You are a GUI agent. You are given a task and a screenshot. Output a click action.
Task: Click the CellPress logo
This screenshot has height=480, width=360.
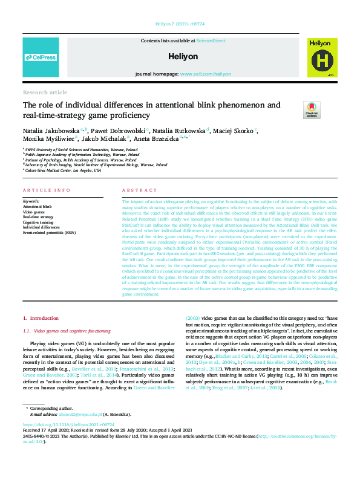[x=40, y=57]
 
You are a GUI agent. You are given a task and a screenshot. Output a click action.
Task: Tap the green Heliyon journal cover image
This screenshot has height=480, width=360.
[x=319, y=57]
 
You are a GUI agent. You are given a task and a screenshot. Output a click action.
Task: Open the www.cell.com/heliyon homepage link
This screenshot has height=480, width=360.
[x=205, y=74]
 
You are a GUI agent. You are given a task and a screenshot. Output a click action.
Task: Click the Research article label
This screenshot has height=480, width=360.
[x=45, y=92]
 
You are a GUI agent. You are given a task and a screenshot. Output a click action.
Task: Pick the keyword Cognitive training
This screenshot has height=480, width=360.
[x=38, y=222]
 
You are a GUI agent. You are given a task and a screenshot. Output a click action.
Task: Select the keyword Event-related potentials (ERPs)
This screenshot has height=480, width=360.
[x=50, y=232]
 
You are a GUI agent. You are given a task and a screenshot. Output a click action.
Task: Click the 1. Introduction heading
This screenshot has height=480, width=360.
[x=41, y=318]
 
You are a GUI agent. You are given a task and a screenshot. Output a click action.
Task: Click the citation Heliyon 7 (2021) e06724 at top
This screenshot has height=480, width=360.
[x=180, y=25]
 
